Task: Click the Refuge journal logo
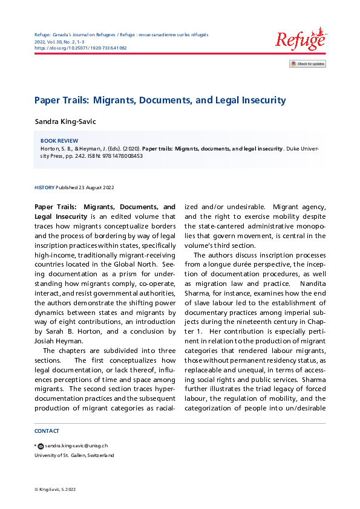click(x=300, y=39)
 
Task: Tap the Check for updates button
click(x=307, y=63)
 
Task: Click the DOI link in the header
click(x=80, y=47)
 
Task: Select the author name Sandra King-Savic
click(x=65, y=122)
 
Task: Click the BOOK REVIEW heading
click(x=59, y=140)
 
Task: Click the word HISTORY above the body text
click(x=44, y=187)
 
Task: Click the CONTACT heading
click(x=47, y=431)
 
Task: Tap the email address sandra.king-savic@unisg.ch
click(x=75, y=446)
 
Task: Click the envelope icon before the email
click(x=41, y=446)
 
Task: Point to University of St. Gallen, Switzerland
click(x=74, y=455)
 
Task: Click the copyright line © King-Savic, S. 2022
click(x=55, y=489)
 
